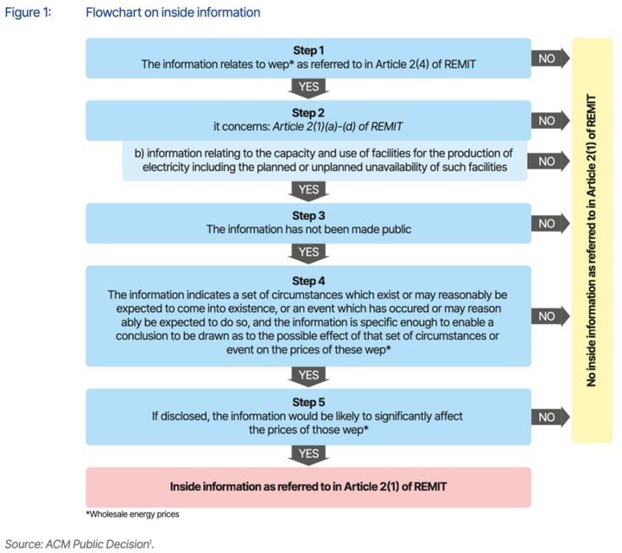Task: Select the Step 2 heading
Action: [308, 112]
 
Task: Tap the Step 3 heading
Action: [308, 215]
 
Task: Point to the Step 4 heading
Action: [308, 281]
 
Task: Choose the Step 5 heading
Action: [308, 401]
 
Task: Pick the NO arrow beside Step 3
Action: [549, 224]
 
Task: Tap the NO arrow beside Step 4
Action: [549, 316]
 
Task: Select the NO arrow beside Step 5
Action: [549, 416]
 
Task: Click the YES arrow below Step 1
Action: [308, 87]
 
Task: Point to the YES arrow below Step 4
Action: [308, 376]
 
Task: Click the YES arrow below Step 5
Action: [308, 454]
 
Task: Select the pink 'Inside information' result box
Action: [308, 486]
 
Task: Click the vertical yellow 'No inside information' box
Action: [592, 240]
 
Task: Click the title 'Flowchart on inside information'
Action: [173, 13]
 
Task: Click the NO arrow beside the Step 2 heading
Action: [549, 120]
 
